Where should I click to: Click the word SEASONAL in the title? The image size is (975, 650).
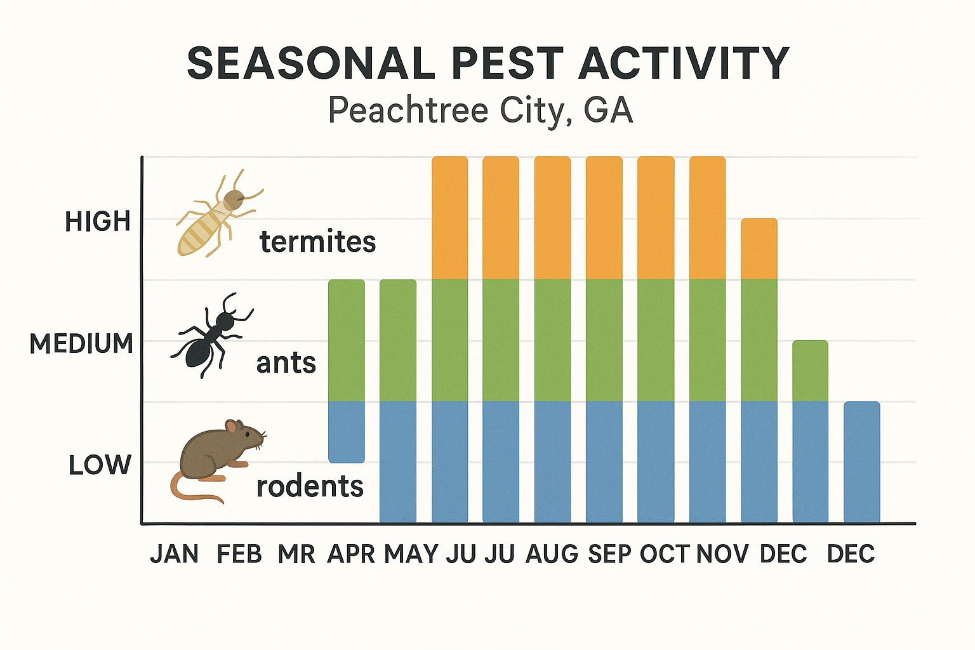point(310,63)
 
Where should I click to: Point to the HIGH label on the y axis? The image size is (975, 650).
point(98,222)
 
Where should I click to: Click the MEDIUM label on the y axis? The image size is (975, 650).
point(82,343)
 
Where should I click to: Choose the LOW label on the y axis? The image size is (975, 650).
point(100,465)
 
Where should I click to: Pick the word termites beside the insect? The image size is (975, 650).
point(318,242)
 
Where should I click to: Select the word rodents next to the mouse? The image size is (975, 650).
point(310,487)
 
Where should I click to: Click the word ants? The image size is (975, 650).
point(286,364)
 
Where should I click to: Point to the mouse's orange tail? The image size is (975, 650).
point(190,491)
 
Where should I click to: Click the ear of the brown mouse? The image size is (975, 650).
point(232,426)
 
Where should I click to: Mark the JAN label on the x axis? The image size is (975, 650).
point(174,554)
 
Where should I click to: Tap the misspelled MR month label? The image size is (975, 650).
point(296,554)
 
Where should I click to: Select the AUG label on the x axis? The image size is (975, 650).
point(552,554)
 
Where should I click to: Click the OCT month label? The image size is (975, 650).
point(664,554)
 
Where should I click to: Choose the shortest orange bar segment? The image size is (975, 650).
point(759,249)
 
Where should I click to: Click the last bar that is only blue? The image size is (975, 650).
point(861,462)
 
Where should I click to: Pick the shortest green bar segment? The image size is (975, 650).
point(810,371)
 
